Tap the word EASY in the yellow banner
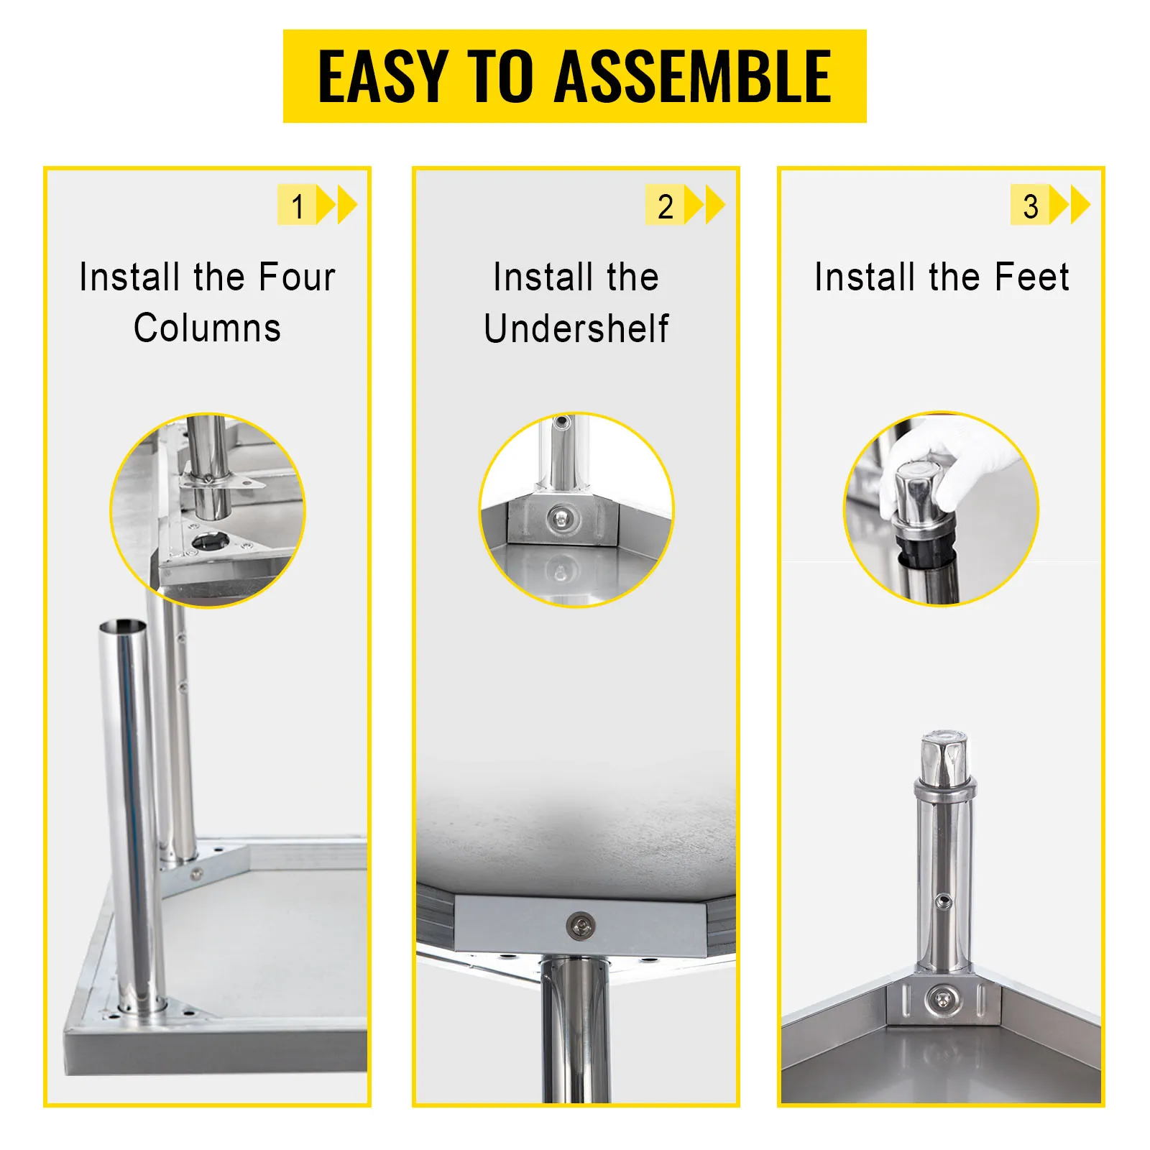pyautogui.click(x=384, y=76)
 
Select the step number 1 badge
pyautogui.click(x=297, y=206)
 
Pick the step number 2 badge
pyautogui.click(x=665, y=206)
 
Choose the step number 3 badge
pyautogui.click(x=1030, y=206)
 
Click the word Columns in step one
pyautogui.click(x=207, y=328)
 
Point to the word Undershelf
pyautogui.click(x=576, y=328)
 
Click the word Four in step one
pyautogui.click(x=297, y=277)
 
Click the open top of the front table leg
pyautogui.click(x=123, y=626)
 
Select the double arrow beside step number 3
pyautogui.click(x=1070, y=206)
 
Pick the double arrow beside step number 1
pyautogui.click(x=337, y=206)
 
